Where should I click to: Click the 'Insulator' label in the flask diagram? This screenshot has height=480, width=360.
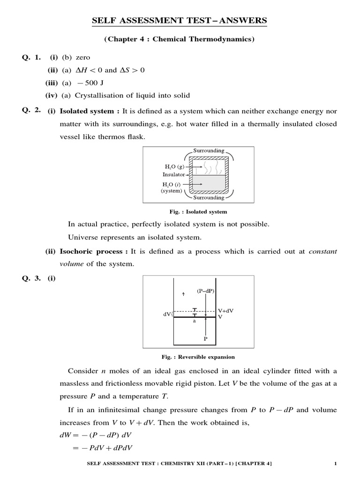coord(173,174)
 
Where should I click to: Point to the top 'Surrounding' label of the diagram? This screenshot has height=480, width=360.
coord(208,151)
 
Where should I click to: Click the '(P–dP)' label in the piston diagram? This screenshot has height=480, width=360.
coord(205,291)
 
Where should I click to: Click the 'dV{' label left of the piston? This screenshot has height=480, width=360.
coord(167,314)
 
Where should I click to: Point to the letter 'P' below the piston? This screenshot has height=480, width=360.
coord(205,337)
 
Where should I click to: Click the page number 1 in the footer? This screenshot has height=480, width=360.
coord(336,464)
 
